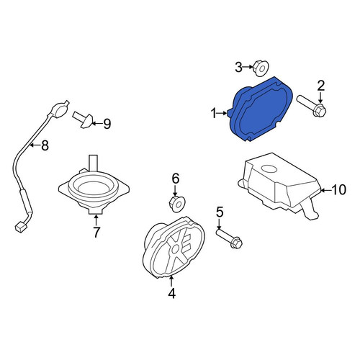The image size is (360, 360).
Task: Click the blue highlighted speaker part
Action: tap(261, 109)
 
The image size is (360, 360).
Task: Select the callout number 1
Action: tap(213, 113)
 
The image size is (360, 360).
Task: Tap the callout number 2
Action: tap(321, 86)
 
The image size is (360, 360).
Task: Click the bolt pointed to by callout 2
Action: tap(312, 106)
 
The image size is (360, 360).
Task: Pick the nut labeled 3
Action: tap(261, 68)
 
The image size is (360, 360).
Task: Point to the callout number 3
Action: tap(238, 67)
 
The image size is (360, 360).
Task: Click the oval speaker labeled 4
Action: tap(174, 247)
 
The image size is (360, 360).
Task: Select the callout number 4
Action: tap(171, 293)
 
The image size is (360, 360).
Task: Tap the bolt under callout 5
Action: tap(229, 239)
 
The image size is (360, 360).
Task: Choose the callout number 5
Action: tap(220, 212)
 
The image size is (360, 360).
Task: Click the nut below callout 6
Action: tap(177, 204)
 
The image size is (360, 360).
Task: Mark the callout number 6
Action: tap(176, 179)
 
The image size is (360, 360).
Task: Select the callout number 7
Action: tap(96, 232)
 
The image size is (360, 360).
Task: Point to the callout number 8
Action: tap(45, 145)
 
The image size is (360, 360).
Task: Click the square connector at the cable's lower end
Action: tap(20, 227)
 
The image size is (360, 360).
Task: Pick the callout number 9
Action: tap(107, 124)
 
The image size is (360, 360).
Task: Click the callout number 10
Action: tap(339, 189)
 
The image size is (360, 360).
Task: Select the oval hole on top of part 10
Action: tap(269, 168)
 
